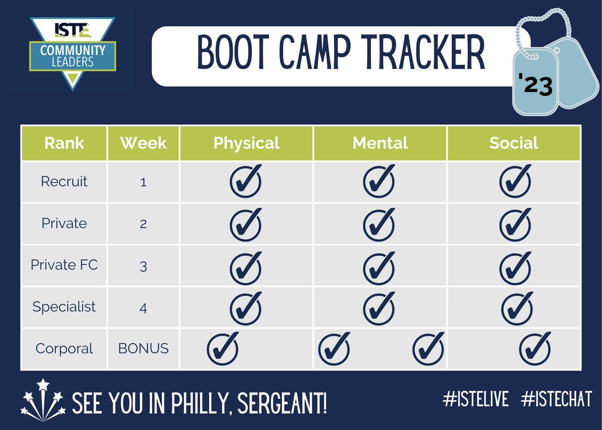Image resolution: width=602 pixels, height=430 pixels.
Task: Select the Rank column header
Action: (64, 143)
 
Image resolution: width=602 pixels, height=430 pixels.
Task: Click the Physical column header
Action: (246, 143)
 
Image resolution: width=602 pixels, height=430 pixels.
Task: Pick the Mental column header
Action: (380, 143)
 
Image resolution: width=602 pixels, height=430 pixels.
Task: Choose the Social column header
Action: (514, 143)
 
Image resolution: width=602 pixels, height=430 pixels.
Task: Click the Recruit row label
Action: (64, 181)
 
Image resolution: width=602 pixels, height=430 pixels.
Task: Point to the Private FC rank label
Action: (64, 264)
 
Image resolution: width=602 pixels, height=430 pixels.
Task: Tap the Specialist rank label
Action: (64, 306)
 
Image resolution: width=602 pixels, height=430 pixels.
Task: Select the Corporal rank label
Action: (64, 348)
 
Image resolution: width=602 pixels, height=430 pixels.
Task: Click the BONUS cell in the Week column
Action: (143, 348)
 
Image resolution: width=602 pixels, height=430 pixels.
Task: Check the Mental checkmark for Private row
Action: (379, 223)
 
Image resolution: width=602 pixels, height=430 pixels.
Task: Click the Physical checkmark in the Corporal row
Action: (223, 347)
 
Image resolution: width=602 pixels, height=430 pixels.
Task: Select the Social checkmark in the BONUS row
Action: (535, 347)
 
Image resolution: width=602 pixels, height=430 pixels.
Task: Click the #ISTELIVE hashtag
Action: (476, 399)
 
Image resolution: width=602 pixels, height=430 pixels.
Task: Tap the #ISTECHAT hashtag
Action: (556, 399)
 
